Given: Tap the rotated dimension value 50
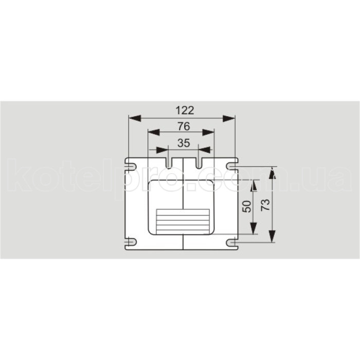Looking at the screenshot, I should pos(247,207).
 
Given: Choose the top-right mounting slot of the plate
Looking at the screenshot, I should pos(234,166).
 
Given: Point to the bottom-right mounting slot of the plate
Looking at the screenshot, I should pos(234,241).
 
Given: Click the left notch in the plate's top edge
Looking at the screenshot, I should pos(169,161).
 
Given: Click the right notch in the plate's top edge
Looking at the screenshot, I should pos(198,161).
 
